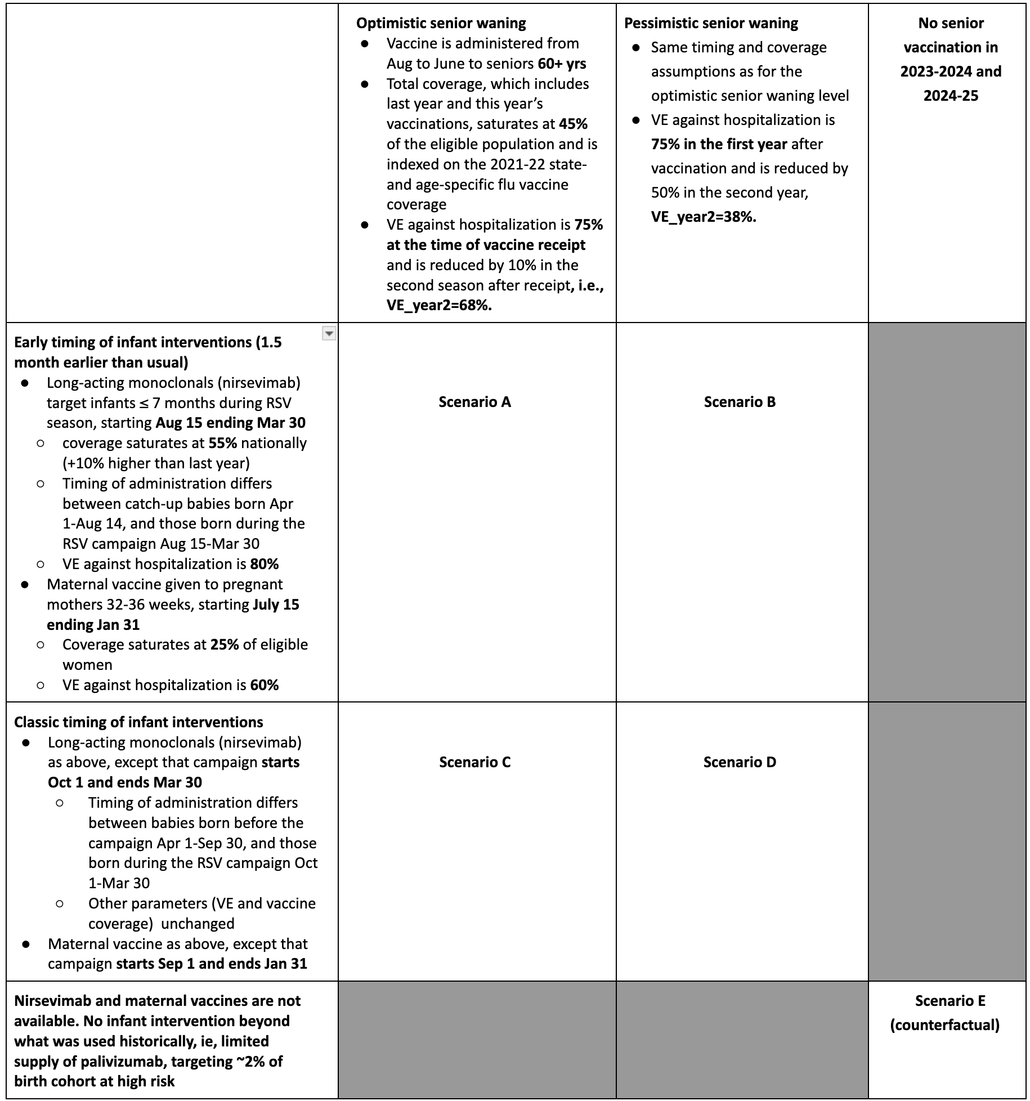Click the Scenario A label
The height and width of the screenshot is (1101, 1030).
474,402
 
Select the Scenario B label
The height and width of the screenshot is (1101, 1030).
740,402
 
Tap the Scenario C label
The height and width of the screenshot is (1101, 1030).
474,762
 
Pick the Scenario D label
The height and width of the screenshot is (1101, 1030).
740,762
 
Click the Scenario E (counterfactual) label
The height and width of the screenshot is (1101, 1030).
945,1012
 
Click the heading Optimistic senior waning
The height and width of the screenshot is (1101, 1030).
441,23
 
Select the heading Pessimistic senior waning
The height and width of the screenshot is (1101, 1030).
711,23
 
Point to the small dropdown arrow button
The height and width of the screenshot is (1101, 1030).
329,334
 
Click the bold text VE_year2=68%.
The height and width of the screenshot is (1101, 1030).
439,305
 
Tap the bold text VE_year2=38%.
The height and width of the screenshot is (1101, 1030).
704,217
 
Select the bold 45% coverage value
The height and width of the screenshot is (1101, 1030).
573,124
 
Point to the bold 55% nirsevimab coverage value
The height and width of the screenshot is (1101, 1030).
222,443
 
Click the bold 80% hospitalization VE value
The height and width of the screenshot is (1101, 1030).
265,564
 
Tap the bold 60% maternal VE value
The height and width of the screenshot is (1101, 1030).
265,685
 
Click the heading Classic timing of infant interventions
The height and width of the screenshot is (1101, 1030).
138,722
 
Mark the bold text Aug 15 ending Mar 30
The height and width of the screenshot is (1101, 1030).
230,423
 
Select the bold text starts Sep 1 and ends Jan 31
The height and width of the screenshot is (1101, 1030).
212,964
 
